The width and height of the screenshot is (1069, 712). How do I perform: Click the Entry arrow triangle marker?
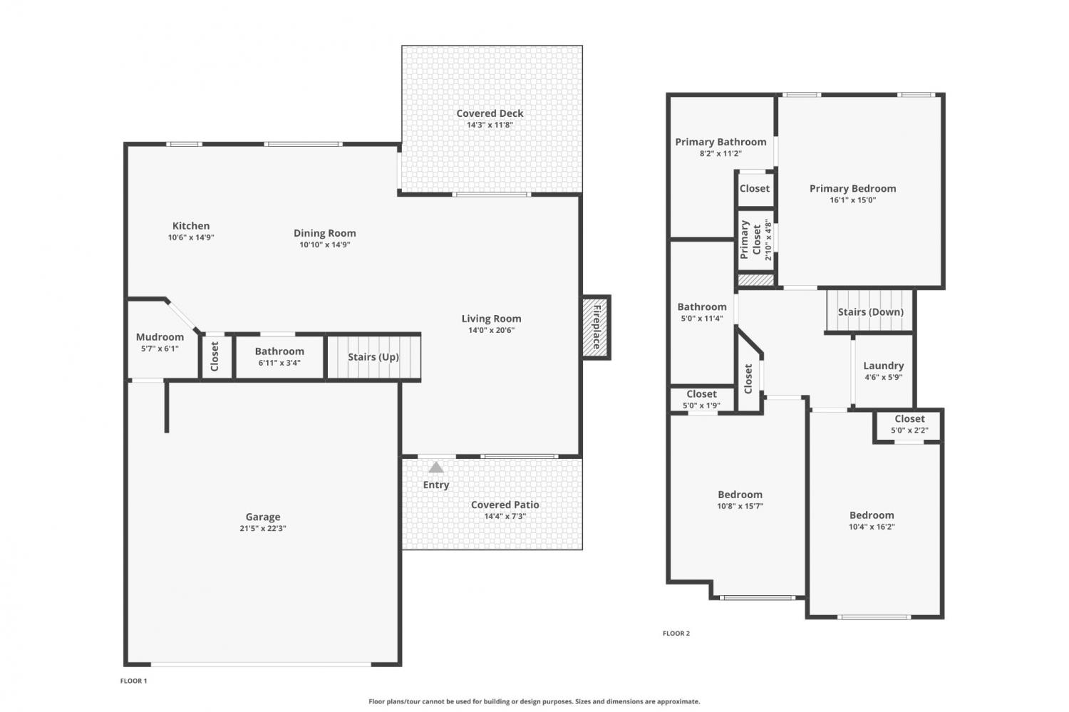435,468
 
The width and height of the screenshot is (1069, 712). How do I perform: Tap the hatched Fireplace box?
596,327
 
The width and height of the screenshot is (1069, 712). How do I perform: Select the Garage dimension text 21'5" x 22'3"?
263,528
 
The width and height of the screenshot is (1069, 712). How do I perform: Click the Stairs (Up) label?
373,357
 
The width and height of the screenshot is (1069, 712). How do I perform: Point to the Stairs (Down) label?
870,311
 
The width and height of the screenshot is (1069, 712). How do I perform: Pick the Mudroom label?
160,337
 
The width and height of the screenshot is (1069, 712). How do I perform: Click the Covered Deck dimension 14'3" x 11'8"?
490,125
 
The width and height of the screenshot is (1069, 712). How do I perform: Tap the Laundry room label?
884,366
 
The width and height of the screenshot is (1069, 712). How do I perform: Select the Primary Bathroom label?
721,142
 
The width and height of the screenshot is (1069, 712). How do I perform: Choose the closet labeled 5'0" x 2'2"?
909,424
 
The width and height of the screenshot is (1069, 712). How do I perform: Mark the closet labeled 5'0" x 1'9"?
701,399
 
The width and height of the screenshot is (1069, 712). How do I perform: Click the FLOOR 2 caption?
676,634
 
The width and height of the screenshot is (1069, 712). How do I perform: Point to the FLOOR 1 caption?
134,681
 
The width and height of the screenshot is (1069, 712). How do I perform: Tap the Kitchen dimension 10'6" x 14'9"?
191,237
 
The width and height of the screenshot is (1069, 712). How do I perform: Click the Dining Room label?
324,233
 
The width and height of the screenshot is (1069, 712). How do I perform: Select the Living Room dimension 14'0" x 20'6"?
491,330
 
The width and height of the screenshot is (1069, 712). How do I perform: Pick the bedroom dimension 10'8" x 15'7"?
740,506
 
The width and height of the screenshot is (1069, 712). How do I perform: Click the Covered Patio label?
505,505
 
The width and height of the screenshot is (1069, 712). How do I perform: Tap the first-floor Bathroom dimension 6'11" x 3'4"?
279,363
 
